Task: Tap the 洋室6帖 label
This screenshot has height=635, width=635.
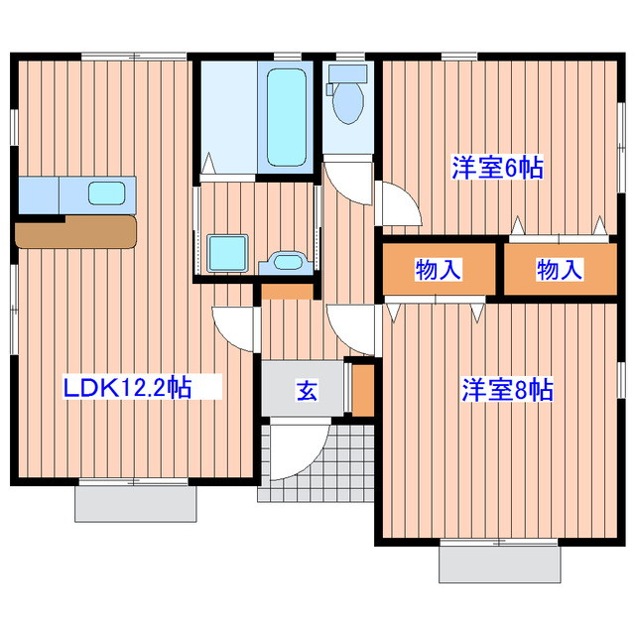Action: coord(497,168)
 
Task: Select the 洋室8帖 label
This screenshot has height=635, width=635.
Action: coord(506,390)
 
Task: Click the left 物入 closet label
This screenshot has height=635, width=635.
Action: coord(438,269)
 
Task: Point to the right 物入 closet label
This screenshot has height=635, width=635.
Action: coord(560,269)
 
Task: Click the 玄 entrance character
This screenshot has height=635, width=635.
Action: coord(307,390)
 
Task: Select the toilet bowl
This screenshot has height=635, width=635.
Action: coord(348,100)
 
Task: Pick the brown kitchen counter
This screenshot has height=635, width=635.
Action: coord(75,232)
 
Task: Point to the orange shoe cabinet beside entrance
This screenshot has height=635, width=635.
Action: coord(364,390)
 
